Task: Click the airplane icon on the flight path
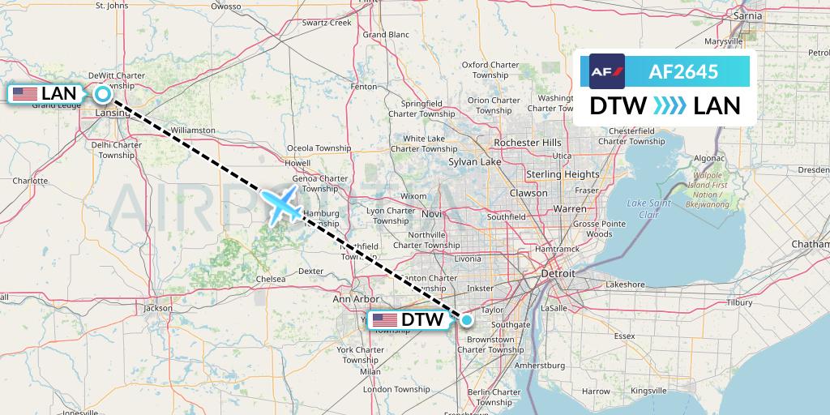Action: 281,204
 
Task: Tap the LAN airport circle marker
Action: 103,94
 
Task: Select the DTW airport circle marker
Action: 467,320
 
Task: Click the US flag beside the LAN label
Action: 25,94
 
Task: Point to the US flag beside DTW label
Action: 385,320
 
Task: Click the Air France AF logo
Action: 607,71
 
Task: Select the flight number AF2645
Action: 683,71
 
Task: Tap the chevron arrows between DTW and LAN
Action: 670,106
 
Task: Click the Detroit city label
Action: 558,274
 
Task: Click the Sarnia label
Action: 747,15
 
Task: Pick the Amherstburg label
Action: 539,366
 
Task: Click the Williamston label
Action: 193,130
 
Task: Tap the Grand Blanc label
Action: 386,35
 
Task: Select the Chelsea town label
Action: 270,279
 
